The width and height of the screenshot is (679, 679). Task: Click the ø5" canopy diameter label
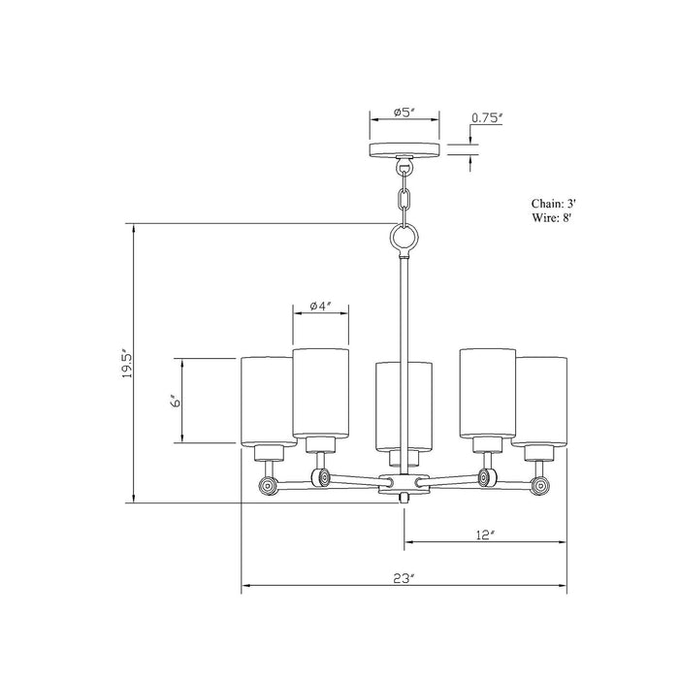404,113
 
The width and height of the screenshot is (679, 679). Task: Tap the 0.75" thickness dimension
487,117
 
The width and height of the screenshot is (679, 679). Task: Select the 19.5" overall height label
126,363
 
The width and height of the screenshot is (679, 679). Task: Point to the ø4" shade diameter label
320,306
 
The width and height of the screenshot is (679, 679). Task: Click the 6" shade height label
175,401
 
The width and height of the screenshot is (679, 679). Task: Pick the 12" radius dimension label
485,534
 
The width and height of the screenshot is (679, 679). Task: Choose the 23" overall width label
404,578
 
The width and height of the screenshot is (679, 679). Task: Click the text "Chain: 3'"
554,204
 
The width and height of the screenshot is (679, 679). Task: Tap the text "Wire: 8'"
553,217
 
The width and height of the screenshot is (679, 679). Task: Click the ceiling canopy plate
404,149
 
